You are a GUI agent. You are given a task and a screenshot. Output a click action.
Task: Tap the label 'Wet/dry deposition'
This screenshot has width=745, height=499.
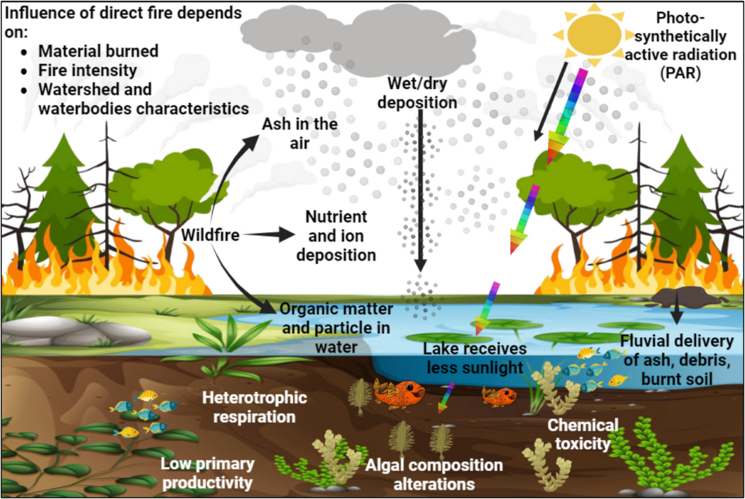[x=422, y=92]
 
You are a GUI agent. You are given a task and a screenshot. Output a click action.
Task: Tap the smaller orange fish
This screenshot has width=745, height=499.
[x=500, y=396]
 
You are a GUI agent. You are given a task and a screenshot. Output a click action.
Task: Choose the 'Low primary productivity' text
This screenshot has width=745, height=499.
[x=207, y=473]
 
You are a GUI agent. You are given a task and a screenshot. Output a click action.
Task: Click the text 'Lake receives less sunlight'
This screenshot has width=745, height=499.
[x=475, y=358]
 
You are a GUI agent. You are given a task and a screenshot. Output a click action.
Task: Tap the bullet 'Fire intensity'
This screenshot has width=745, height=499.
[x=87, y=70]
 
